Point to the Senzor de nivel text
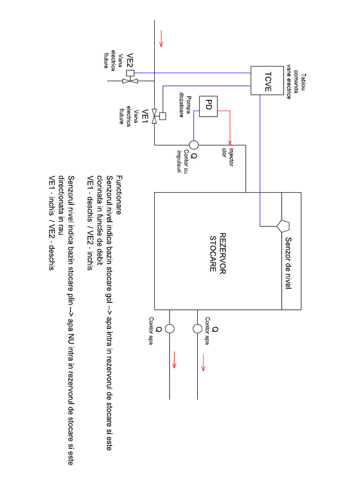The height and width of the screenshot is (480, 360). coord(288,262)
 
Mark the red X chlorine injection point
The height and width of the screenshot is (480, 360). coord(230,143)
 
